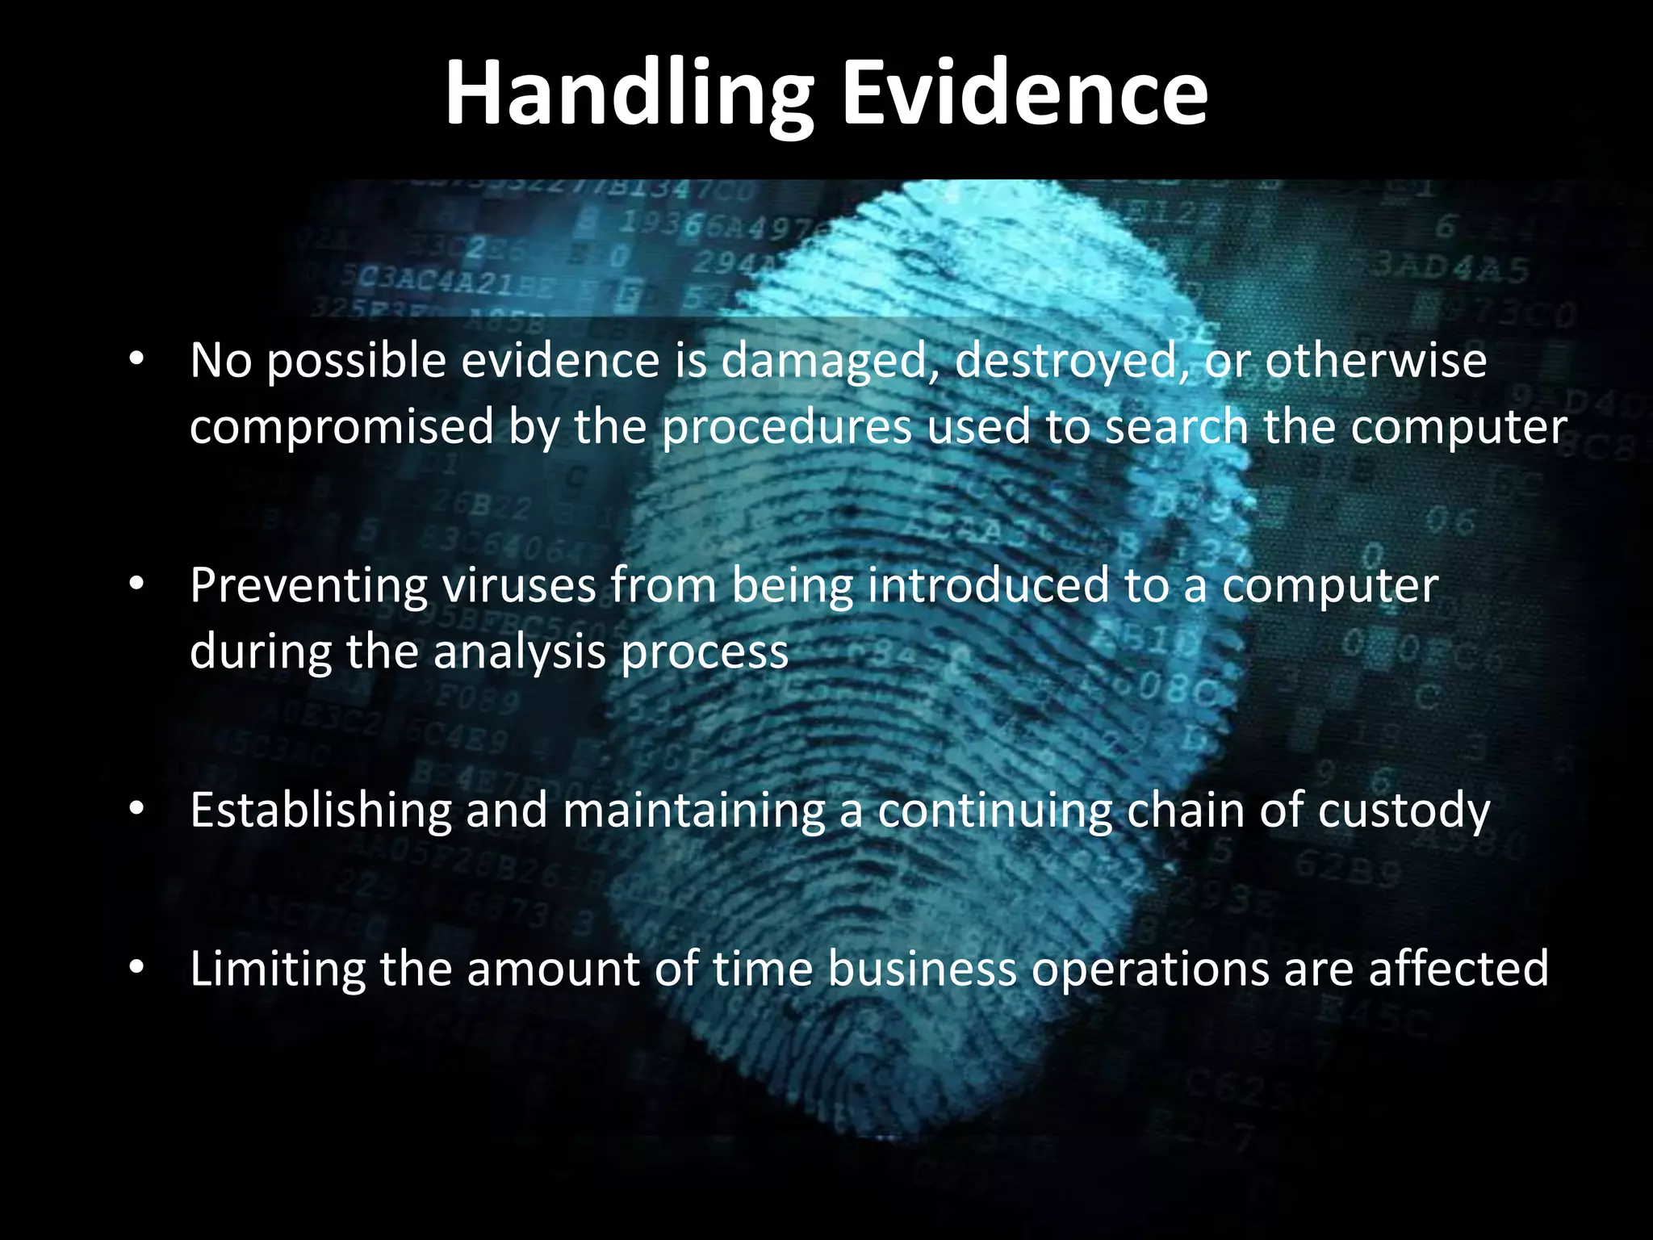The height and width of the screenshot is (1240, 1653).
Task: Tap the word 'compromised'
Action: click(x=341, y=428)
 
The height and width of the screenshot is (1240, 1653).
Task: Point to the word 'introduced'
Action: click(x=988, y=584)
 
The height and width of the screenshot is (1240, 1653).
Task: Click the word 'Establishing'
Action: click(x=320, y=810)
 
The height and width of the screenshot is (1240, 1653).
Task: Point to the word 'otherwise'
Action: click(x=1375, y=360)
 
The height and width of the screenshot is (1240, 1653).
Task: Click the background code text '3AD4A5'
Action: click(x=1450, y=268)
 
